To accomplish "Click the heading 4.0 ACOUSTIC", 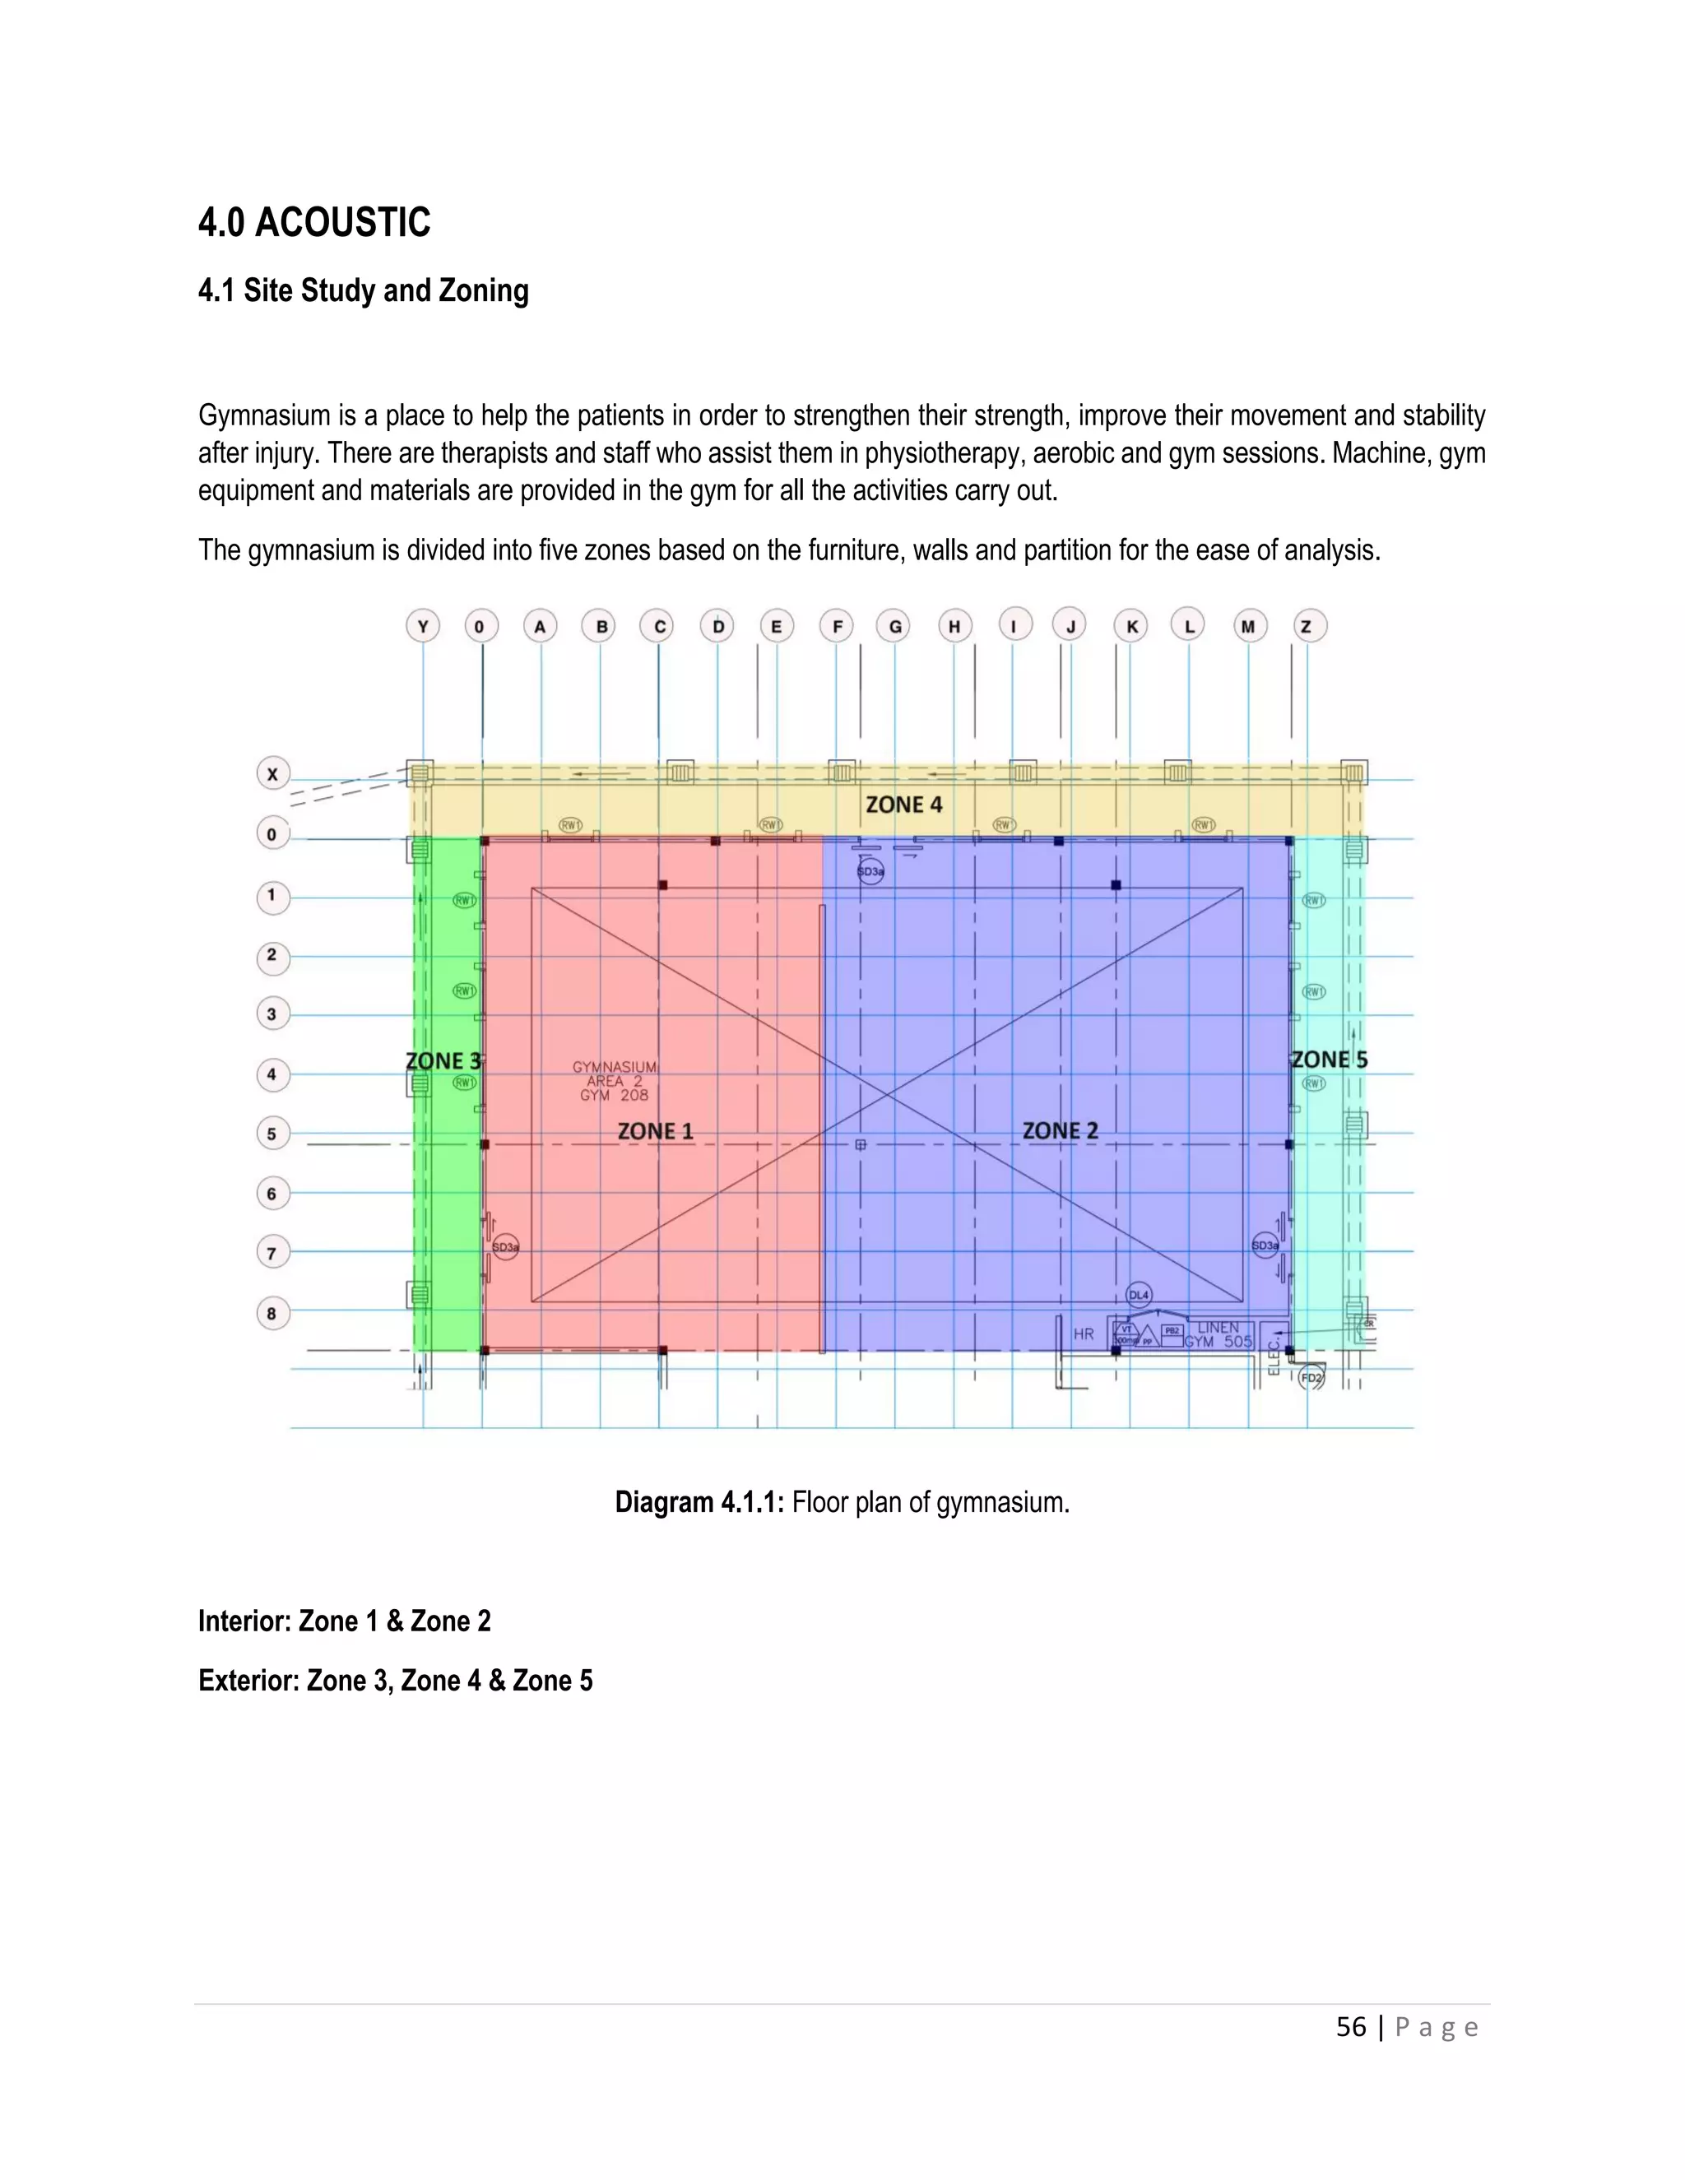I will pos(313,223).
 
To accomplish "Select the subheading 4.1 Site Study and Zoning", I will pos(364,290).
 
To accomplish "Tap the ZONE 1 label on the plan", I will pos(655,1131).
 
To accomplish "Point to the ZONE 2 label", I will pos(1060,1131).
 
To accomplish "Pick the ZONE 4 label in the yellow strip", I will pos(903,805).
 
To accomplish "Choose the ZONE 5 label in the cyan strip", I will pos(1329,1060).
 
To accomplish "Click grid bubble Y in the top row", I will pos(423,627).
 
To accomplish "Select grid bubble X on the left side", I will pos(272,773).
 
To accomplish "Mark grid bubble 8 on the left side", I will pos(272,1314).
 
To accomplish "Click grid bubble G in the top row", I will pos(894,627).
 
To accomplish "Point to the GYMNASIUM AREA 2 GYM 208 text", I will pos(615,1081).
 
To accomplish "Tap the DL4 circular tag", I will pos(1139,1295).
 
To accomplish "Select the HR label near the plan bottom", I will pos(1083,1334).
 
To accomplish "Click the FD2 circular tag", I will pos(1311,1379).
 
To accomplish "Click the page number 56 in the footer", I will pos(1351,2027).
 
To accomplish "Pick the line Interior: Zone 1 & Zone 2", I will pos(345,1621).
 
